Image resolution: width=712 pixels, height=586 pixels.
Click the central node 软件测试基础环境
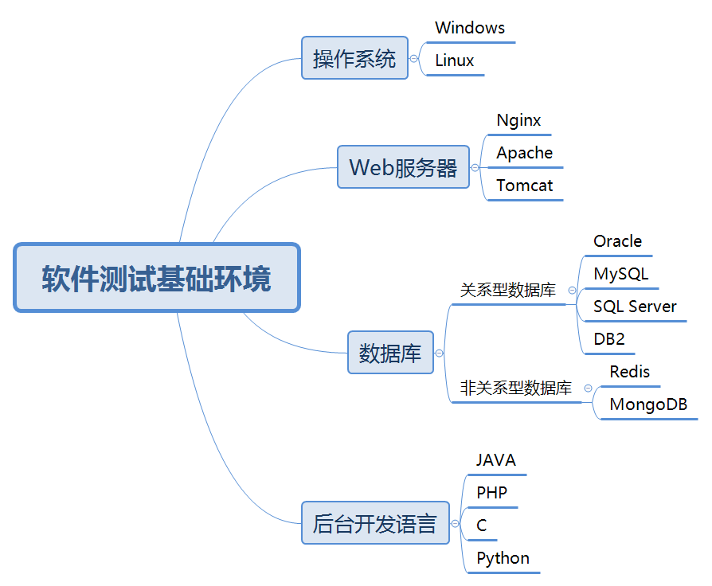coord(157,278)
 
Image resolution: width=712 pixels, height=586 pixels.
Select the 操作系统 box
coord(354,58)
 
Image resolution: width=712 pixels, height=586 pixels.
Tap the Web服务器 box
coord(403,167)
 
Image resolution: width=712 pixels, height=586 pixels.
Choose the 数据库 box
coord(390,353)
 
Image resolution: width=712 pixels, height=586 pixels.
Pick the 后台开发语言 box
coord(375,523)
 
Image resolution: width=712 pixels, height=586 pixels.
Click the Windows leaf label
coord(470,28)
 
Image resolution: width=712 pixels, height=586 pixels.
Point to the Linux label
coord(455,61)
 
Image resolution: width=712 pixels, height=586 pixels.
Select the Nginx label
coord(518,121)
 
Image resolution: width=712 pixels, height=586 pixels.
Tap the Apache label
coord(524,153)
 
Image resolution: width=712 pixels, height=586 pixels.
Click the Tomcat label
coord(524,186)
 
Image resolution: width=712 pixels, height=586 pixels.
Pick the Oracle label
coord(617,241)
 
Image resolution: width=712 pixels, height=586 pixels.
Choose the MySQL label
coord(620,274)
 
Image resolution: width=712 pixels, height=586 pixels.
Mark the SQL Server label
coord(635,307)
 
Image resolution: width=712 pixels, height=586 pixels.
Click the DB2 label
coord(609,339)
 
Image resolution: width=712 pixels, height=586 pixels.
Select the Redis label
coord(629,372)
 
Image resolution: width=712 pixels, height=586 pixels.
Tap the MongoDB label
coord(648,404)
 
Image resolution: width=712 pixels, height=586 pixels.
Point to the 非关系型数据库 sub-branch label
coord(516,389)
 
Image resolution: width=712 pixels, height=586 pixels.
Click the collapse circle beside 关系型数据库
coord(572,291)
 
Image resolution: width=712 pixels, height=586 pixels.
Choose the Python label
coord(503,558)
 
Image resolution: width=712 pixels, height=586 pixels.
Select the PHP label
coord(491,493)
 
